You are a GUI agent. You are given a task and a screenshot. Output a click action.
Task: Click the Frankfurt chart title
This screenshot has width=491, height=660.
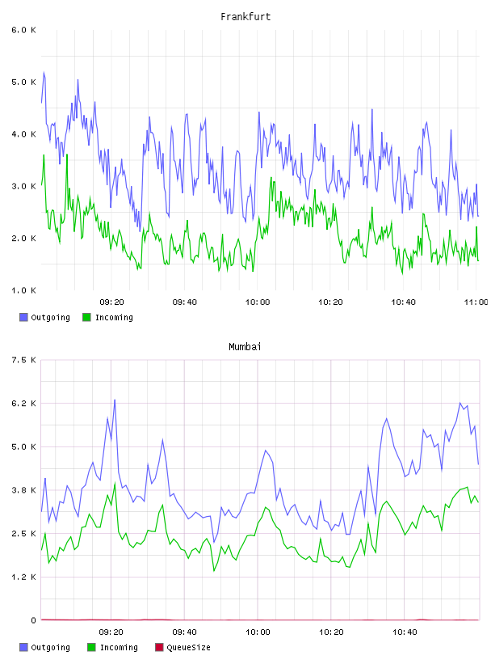click(245, 17)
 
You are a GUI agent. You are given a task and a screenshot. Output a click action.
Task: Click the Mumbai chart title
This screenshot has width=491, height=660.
click(245, 347)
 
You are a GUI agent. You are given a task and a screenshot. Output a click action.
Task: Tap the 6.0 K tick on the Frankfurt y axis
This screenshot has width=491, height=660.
click(24, 30)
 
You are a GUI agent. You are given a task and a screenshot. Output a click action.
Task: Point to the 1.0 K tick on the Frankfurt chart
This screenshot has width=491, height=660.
click(24, 290)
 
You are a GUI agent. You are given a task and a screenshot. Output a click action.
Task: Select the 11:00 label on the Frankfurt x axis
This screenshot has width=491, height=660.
click(476, 302)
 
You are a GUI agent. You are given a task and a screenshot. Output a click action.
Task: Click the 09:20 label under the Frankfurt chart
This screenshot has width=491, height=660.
click(111, 302)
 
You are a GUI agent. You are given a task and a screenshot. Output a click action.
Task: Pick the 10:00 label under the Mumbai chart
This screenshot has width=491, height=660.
click(258, 632)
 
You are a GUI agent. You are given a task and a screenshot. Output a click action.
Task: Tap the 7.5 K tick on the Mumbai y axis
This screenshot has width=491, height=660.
click(24, 360)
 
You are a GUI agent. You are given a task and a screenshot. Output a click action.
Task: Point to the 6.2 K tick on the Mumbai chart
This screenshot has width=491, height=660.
click(24, 404)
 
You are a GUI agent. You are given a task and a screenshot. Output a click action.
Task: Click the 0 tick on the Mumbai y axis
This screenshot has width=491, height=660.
click(34, 620)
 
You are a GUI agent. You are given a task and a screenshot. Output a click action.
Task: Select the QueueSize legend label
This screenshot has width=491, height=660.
click(188, 647)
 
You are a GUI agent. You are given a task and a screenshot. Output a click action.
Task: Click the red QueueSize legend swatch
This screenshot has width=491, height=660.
click(159, 647)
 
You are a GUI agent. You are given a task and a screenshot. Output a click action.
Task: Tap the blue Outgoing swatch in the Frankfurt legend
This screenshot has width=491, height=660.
click(23, 317)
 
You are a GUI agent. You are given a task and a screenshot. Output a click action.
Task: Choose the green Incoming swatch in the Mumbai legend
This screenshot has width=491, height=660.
click(91, 647)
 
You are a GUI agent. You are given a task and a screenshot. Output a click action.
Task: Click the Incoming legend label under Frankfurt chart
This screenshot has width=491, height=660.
click(114, 318)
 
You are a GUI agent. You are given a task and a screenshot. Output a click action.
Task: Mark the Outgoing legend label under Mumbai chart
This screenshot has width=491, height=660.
click(50, 647)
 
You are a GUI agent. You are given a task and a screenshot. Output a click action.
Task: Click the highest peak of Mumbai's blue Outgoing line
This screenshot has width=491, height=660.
click(115, 400)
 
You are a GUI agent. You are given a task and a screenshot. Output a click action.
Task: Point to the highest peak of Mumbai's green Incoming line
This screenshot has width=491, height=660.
click(115, 483)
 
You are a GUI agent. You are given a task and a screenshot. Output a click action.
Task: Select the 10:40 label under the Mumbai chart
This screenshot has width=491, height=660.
click(405, 632)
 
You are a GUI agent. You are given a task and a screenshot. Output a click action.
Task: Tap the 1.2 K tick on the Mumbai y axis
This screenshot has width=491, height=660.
click(24, 577)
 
